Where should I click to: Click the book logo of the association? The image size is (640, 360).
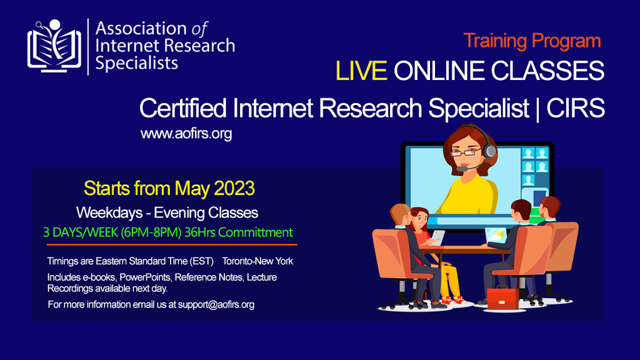[x=54, y=46]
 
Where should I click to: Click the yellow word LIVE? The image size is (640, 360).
[x=361, y=71]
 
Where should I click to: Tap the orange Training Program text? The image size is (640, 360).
[x=532, y=41]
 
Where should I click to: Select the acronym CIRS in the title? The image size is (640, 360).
[x=576, y=108]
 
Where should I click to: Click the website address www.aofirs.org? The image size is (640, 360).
[x=186, y=134]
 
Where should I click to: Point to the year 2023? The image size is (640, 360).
[x=234, y=189]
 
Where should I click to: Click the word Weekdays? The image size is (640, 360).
[x=109, y=212]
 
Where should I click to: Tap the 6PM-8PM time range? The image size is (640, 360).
[x=151, y=232]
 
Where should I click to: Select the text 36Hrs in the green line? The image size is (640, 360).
[x=199, y=232]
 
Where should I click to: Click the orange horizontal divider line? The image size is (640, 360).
[x=172, y=244]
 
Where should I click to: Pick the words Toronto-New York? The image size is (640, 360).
[x=257, y=261]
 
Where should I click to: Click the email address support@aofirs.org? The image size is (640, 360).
[x=216, y=304]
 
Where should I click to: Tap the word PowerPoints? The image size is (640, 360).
[x=145, y=277]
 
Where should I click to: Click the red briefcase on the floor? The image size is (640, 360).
[x=503, y=298]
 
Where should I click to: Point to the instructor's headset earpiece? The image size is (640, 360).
[x=490, y=151]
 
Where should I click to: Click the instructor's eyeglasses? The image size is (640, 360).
[x=466, y=152]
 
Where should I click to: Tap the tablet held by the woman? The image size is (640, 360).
[x=437, y=237]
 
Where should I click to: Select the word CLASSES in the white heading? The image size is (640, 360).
[x=547, y=71]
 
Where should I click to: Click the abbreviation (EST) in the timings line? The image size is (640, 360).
[x=202, y=261]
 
